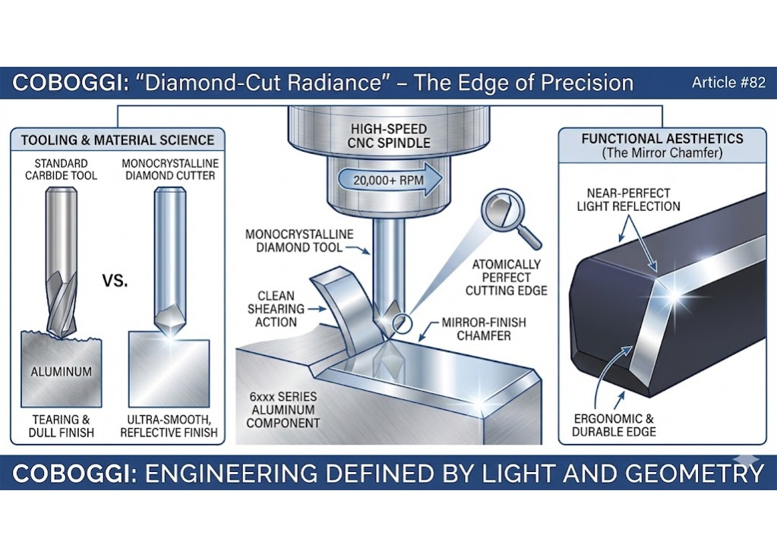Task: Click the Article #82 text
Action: [728, 83]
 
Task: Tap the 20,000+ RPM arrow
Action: [386, 181]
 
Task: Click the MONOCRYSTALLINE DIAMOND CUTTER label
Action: [169, 169]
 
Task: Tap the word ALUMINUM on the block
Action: [62, 371]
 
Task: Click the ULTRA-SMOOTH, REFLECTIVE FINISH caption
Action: [169, 426]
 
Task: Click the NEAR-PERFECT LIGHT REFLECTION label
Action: [628, 200]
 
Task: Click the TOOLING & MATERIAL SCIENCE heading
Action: [117, 140]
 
